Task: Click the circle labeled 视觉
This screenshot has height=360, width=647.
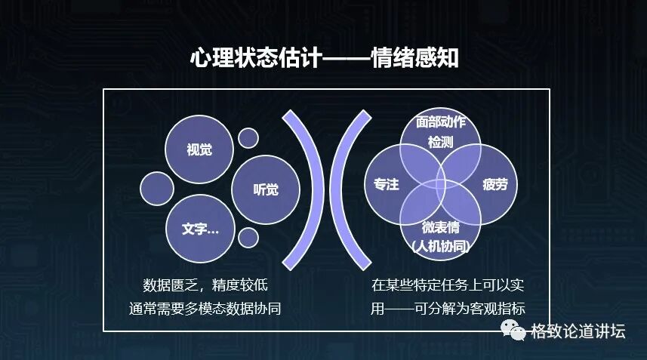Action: pos(199,149)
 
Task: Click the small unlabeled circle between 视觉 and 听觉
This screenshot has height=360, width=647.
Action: pos(248,138)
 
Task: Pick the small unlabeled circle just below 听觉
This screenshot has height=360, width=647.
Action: pos(248,236)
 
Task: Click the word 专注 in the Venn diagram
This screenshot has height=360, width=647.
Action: pos(386,184)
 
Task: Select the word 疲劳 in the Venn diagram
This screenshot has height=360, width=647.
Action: pos(494,184)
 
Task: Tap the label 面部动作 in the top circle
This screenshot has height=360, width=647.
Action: pos(440,122)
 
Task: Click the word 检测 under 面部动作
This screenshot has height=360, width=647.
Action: pos(440,141)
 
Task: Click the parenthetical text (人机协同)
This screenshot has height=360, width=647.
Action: pos(440,245)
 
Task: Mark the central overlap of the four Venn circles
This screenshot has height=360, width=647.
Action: pos(440,183)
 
